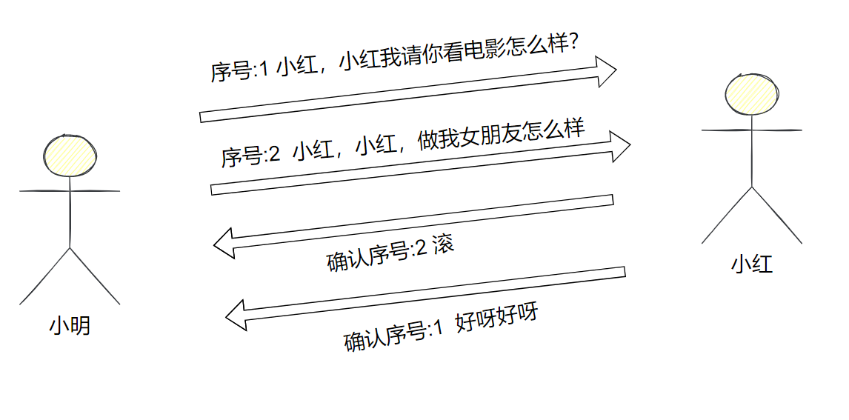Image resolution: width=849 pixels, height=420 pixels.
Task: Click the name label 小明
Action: coord(70,326)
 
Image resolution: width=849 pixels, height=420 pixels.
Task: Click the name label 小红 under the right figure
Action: coord(752,264)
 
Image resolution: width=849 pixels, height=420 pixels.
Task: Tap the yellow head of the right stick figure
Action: coord(752,93)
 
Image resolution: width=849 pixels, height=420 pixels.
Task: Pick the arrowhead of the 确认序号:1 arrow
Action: coord(236,316)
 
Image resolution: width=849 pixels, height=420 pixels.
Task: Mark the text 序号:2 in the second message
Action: coord(250,156)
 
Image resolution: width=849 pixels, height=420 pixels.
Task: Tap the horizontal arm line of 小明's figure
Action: coord(70,191)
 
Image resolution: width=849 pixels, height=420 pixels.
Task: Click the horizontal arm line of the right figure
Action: coord(752,130)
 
